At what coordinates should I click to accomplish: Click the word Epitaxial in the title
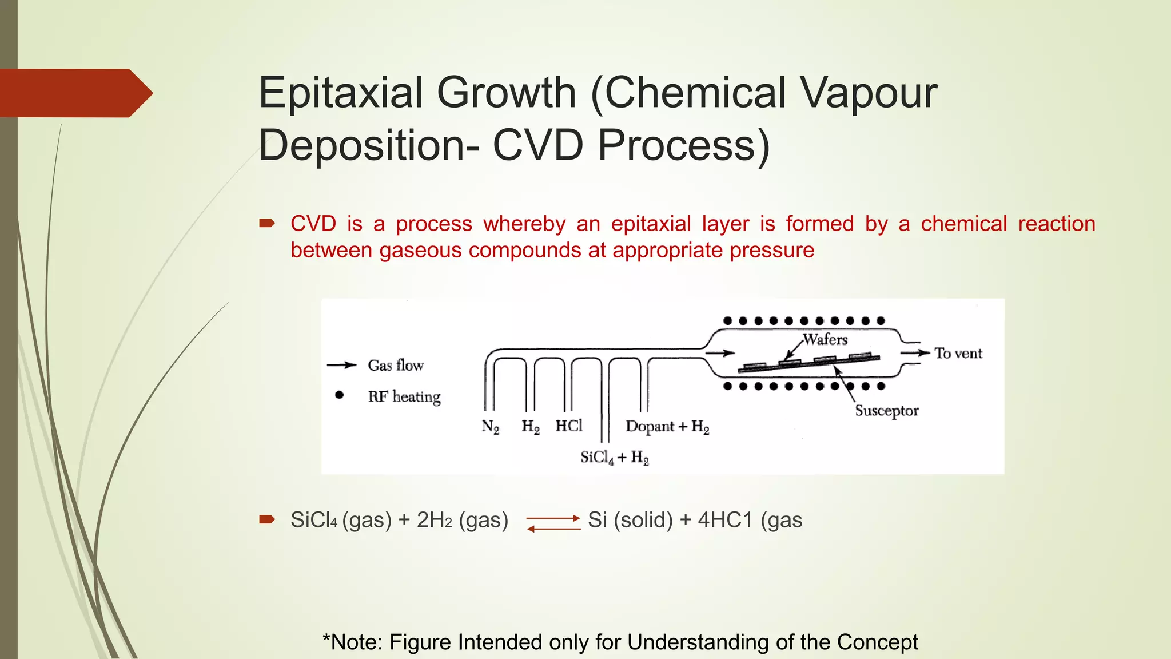[x=340, y=93]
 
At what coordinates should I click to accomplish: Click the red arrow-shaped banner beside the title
[x=74, y=93]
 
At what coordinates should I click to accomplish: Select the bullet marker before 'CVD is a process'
[x=267, y=223]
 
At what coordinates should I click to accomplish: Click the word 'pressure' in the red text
[x=772, y=251]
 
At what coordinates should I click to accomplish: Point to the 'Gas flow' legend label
[x=396, y=365]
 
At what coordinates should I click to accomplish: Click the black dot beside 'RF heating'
[x=339, y=395]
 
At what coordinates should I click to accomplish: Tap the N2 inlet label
[x=490, y=427]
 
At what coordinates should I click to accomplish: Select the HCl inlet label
[x=569, y=426]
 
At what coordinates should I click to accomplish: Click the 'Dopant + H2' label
[x=667, y=427]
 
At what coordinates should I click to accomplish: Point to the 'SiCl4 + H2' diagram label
[x=615, y=458]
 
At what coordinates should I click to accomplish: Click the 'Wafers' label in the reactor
[x=825, y=339]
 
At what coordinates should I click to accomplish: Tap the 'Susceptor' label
[x=886, y=411]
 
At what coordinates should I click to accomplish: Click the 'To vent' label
[x=958, y=353]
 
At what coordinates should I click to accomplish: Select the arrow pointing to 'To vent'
[x=915, y=353]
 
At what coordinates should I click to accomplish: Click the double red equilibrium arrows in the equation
[x=553, y=523]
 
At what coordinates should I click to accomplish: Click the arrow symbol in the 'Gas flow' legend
[x=342, y=365]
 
